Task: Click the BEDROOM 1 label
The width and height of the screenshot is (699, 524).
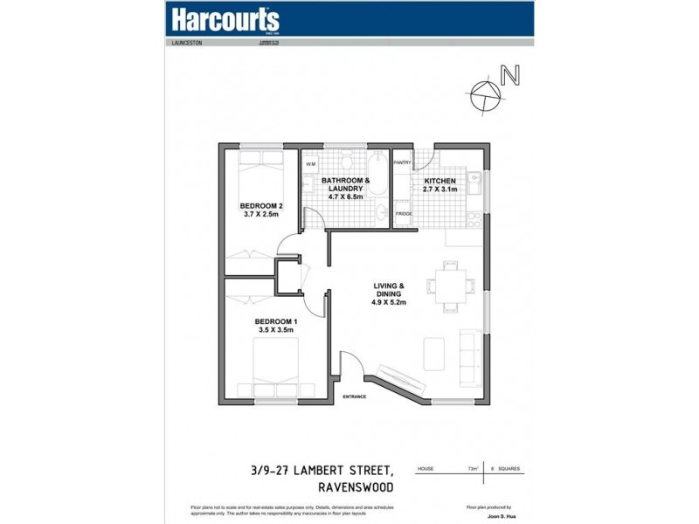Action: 273,321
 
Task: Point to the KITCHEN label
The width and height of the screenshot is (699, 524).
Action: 441,181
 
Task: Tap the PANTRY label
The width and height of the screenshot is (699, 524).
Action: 403,162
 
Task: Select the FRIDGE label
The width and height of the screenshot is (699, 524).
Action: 404,214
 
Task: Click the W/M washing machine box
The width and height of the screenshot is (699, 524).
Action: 310,164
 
